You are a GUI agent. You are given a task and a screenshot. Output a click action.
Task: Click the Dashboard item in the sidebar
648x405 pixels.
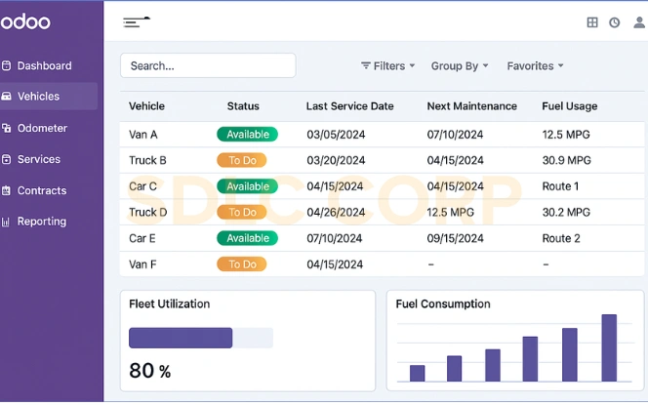tap(44, 65)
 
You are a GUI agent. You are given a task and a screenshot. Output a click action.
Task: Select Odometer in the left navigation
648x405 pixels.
tap(42, 128)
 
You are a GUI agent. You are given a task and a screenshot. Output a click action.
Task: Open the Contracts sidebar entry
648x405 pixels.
tap(41, 190)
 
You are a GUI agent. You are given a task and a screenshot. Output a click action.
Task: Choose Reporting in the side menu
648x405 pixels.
tap(41, 222)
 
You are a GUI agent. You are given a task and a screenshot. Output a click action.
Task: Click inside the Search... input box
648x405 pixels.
tap(207, 65)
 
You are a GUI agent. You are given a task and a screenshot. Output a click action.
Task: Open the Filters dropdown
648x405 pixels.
tap(388, 66)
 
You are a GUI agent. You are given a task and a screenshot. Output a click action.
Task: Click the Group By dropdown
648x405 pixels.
tap(460, 66)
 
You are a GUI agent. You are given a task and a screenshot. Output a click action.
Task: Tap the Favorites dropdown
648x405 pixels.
tap(535, 66)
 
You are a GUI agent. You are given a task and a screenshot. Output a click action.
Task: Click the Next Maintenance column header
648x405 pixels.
tap(471, 106)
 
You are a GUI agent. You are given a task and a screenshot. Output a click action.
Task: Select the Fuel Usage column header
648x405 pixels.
tap(570, 106)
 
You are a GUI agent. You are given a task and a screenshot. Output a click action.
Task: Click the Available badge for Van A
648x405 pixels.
tap(247, 135)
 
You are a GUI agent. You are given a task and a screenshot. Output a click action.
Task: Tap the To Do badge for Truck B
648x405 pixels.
tap(241, 160)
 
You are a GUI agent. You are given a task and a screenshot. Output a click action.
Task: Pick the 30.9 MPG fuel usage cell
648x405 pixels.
tap(566, 160)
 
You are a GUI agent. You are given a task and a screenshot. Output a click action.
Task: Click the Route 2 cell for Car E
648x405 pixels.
tap(561, 238)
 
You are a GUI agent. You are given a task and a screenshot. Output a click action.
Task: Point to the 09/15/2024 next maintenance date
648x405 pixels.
tap(455, 238)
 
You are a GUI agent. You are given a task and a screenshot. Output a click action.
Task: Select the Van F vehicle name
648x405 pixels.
tap(142, 264)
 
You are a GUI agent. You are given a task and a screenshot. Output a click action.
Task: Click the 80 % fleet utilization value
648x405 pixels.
tap(149, 371)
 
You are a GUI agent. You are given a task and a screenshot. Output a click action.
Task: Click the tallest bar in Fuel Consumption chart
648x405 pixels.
tap(609, 347)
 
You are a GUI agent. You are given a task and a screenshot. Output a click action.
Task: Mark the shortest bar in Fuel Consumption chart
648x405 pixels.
tap(417, 373)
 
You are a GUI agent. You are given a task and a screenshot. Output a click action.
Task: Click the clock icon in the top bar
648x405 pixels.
tap(614, 22)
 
